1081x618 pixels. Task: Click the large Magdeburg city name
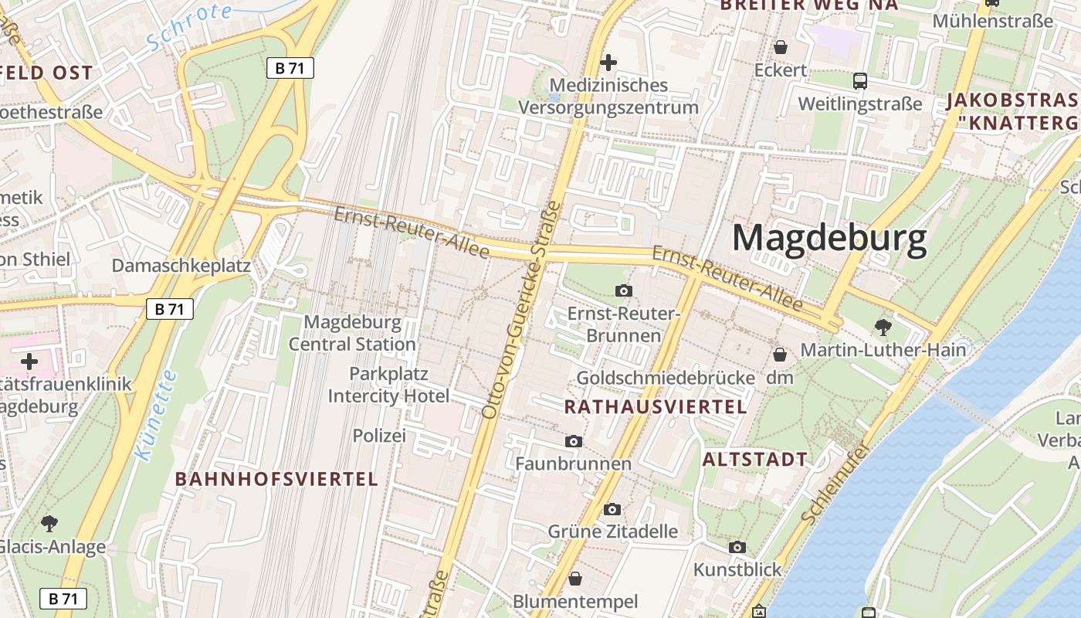coord(829,238)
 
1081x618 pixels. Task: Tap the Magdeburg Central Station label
coord(352,333)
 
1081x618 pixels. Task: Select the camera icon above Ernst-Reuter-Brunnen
coord(624,290)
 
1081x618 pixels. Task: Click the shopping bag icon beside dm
coord(780,355)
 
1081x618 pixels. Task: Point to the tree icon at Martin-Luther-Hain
coord(883,327)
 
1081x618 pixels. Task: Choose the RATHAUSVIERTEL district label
coord(656,407)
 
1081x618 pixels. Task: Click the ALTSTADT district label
coord(754,460)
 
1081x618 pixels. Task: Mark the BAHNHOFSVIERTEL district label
coord(276,479)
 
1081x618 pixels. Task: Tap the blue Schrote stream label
coord(189,25)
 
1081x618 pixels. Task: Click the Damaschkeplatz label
coord(181,266)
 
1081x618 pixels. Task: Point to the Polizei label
coord(379,436)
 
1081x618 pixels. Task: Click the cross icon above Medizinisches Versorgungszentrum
coord(608,62)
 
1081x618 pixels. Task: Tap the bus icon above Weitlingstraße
coord(859,81)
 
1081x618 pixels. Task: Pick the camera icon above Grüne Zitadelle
coord(612,509)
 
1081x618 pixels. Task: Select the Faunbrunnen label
coord(573,463)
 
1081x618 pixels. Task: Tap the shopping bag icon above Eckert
coord(781,47)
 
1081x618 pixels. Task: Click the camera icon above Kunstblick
coord(737,547)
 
